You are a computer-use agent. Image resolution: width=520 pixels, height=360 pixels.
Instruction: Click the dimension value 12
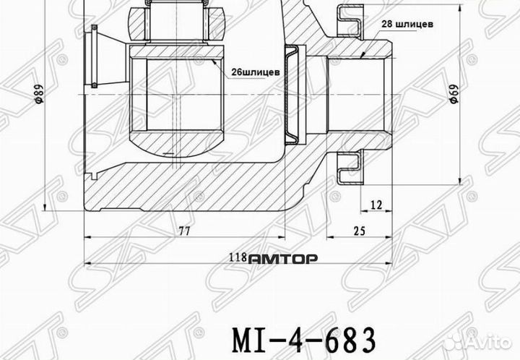[376, 205]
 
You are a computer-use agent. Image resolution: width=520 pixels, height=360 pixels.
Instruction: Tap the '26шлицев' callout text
[256, 72]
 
